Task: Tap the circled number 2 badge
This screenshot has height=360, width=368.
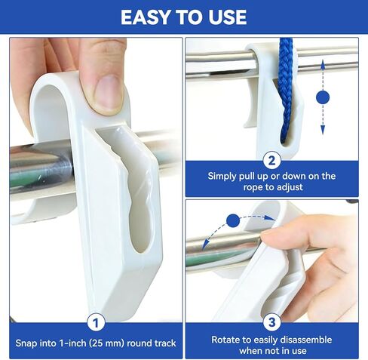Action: [272, 159]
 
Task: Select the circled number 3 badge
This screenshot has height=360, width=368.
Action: [272, 322]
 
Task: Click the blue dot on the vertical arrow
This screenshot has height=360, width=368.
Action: [324, 97]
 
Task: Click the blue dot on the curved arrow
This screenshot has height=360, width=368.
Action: [233, 220]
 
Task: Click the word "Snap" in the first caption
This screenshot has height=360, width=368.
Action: [29, 344]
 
